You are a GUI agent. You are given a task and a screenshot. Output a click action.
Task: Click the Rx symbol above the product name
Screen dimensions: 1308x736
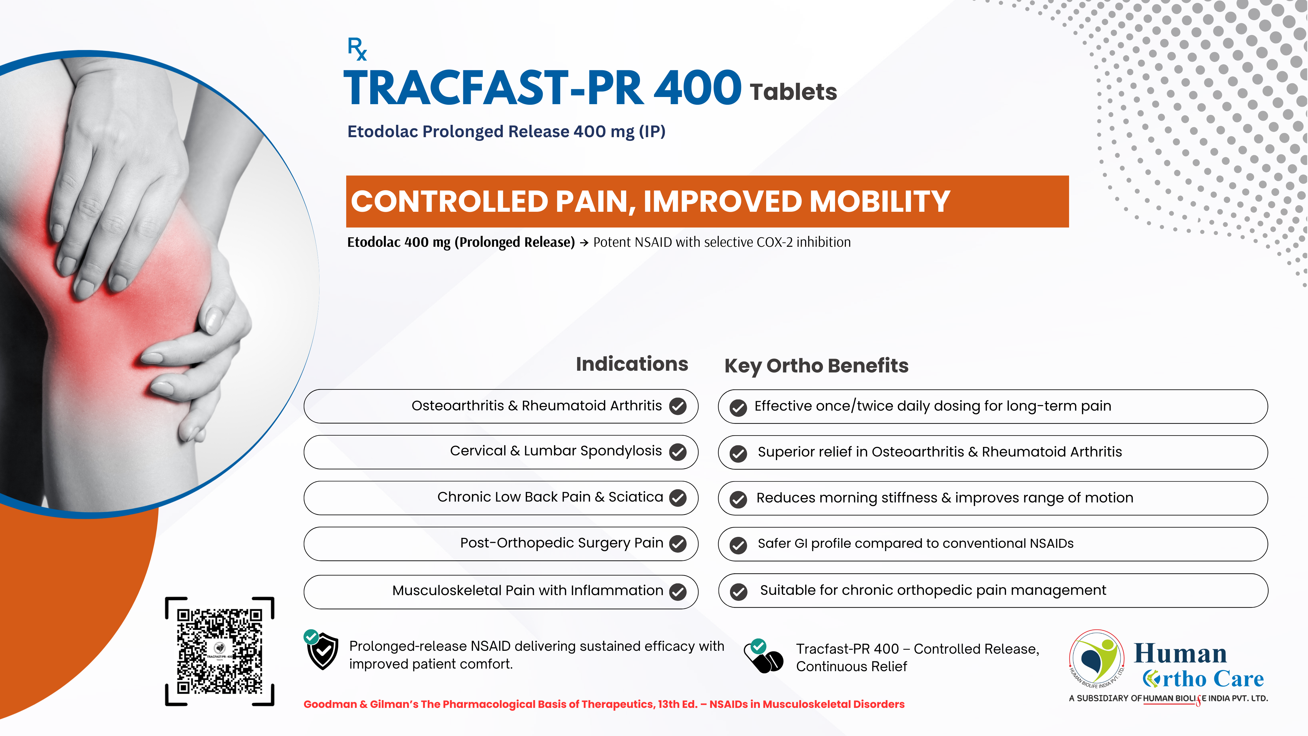click(357, 49)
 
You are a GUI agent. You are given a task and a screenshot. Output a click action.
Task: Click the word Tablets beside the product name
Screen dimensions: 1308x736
click(793, 92)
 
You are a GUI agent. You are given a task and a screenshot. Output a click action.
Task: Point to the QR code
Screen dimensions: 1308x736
click(219, 651)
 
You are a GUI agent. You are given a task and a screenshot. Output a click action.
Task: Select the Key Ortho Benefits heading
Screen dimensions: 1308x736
click(816, 366)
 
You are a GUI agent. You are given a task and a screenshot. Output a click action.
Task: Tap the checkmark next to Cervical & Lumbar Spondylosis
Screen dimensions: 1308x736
click(678, 452)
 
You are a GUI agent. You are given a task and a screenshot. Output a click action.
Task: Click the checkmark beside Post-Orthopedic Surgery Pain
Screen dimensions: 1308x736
click(678, 543)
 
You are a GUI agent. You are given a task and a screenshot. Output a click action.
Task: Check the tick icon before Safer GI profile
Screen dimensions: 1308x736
click(738, 545)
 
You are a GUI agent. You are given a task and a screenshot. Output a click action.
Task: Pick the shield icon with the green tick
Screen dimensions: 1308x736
click(322, 650)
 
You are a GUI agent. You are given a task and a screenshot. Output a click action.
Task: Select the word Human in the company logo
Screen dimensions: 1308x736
click(1180, 654)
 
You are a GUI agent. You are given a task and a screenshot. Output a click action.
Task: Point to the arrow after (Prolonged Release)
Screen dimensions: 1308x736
click(584, 243)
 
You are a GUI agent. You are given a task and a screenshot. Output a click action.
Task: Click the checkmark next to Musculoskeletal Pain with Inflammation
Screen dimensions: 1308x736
click(678, 591)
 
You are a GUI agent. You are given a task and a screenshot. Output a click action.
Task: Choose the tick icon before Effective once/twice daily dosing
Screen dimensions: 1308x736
click(738, 407)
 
